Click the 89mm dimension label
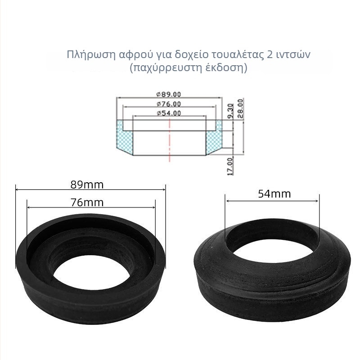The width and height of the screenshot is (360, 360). (87, 185)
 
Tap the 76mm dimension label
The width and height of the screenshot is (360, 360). (87, 202)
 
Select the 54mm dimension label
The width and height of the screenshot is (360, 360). (274, 194)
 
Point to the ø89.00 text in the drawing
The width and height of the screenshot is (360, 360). (169, 94)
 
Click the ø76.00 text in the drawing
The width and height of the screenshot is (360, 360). (169, 104)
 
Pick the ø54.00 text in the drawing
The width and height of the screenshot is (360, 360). (169, 113)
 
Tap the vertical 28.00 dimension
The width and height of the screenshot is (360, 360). (240, 108)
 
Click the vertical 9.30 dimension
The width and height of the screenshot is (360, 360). (230, 111)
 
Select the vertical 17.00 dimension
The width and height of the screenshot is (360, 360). (230, 166)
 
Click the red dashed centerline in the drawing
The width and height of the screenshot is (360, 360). (170, 140)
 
